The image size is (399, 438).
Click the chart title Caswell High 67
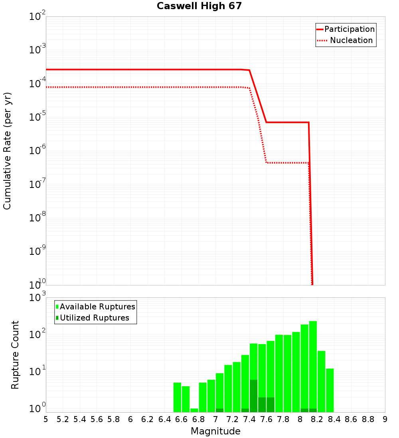click(199, 6)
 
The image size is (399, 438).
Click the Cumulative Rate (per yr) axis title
click(7, 151)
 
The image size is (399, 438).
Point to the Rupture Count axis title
click(15, 355)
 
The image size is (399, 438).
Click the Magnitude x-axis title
click(215, 431)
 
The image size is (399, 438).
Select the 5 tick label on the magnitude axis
click(46, 419)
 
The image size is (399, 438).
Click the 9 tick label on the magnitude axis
click(385, 419)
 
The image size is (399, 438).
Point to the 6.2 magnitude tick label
click(148, 419)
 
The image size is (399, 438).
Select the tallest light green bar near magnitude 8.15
click(313, 366)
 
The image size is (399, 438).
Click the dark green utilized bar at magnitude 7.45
click(253, 396)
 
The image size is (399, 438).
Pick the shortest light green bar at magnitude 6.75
click(194, 410)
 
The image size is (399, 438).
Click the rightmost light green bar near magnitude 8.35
click(330, 390)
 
